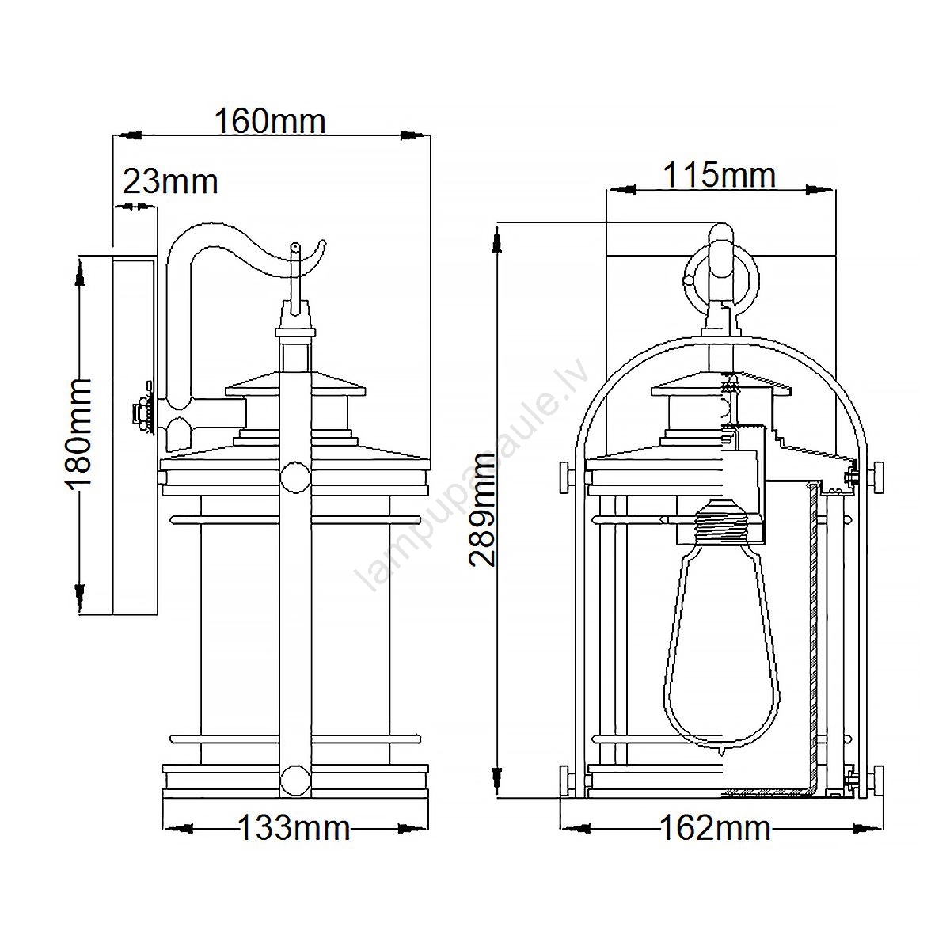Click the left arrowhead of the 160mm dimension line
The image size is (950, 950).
pyautogui.click(x=128, y=135)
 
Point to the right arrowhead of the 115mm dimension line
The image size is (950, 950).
pyautogui.click(x=821, y=189)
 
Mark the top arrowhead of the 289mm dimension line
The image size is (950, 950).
pyautogui.click(x=499, y=238)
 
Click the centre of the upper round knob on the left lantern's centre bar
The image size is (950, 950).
pyautogui.click(x=294, y=477)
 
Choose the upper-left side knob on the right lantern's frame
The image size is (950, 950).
pyautogui.click(x=568, y=477)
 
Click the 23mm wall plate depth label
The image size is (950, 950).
pyautogui.click(x=170, y=182)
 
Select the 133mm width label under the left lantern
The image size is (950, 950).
pyautogui.click(x=294, y=828)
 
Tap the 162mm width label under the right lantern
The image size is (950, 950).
pyautogui.click(x=715, y=828)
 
